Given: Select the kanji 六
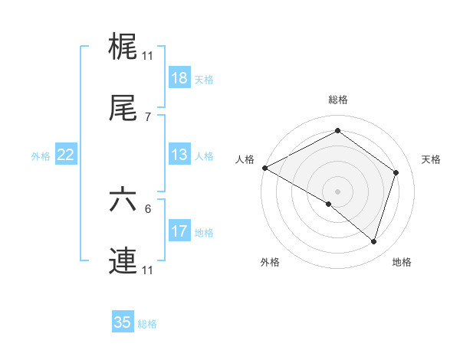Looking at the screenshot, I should pyautogui.click(x=123, y=200).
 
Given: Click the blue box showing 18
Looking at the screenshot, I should pyautogui.click(x=179, y=78).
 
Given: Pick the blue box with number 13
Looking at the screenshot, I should pyautogui.click(x=179, y=155).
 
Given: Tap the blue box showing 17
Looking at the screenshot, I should pyautogui.click(x=179, y=231).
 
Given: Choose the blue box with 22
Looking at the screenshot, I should pyautogui.click(x=65, y=155).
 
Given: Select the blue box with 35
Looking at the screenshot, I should pyautogui.click(x=123, y=322).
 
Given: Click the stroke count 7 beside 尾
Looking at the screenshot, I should pyautogui.click(x=148, y=116).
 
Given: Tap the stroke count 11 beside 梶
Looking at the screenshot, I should pyautogui.click(x=148, y=55).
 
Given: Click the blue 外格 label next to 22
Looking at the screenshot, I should pyautogui.click(x=41, y=155).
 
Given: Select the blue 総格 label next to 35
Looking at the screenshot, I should pyautogui.click(x=147, y=323).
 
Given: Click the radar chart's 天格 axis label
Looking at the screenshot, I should pyautogui.click(x=431, y=159).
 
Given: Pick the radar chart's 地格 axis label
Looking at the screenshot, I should pyautogui.click(x=402, y=262).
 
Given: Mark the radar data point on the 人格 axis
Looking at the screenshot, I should pyautogui.click(x=264, y=167).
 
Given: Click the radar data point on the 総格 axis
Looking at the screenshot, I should pyautogui.click(x=337, y=132).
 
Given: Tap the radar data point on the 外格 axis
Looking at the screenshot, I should pyautogui.click(x=329, y=204).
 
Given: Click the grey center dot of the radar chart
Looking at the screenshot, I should pyautogui.click(x=337, y=191).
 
